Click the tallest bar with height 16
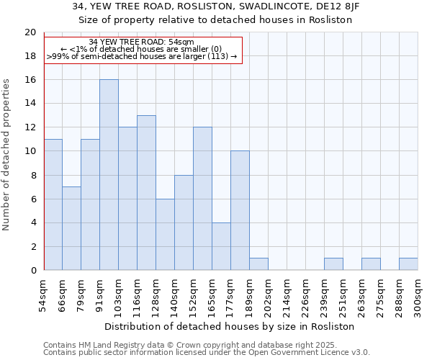[x=109, y=175]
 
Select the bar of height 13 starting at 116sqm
[x=146, y=193]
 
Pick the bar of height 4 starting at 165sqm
[x=221, y=246]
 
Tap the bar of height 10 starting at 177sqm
[x=240, y=211]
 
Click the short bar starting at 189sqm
[x=258, y=264]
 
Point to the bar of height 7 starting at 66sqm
[x=71, y=228]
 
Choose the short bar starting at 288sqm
[x=408, y=264]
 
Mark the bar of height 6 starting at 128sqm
[x=165, y=235]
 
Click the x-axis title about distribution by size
[x=230, y=326]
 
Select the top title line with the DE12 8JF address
[x=215, y=6]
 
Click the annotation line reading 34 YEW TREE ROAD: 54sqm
[x=141, y=42]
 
